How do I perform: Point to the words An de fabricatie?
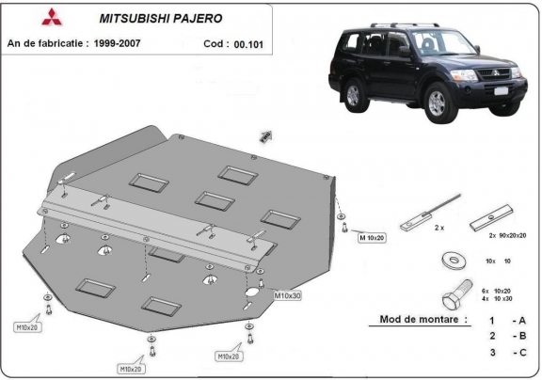click(56, 43)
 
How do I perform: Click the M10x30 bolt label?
click(287, 296)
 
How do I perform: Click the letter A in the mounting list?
click(521, 321)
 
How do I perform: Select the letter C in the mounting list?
click(521, 352)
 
